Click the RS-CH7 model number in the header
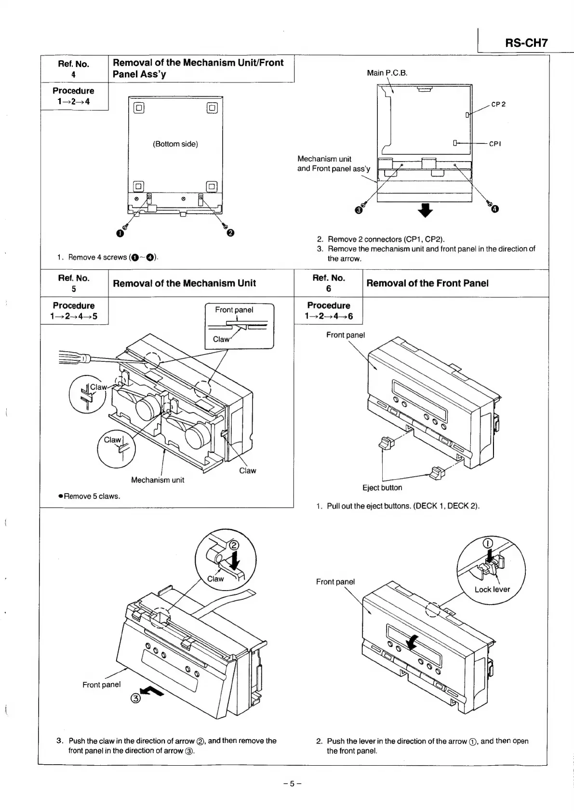(x=526, y=42)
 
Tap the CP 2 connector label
(x=498, y=104)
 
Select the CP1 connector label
(x=495, y=144)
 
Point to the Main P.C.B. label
(x=387, y=73)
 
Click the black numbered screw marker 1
(x=120, y=234)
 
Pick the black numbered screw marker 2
(x=230, y=234)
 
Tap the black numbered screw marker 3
(x=358, y=210)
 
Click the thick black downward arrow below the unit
(x=426, y=210)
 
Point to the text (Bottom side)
(x=175, y=144)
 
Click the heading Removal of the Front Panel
(x=427, y=283)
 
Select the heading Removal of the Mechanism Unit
(x=184, y=283)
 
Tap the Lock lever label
(x=492, y=589)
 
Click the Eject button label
(x=382, y=487)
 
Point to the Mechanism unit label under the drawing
(x=158, y=480)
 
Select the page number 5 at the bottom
(x=293, y=784)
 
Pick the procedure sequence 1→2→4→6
(x=329, y=317)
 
